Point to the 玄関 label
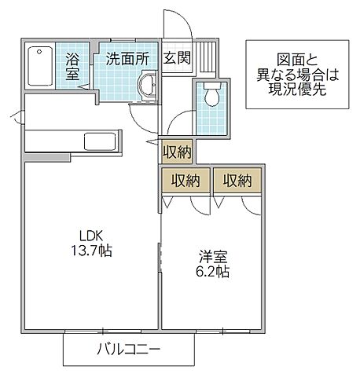pos(176,57)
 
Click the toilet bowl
pos(210,96)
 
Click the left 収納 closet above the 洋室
pos(186,181)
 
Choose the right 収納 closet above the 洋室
pos(237,181)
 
